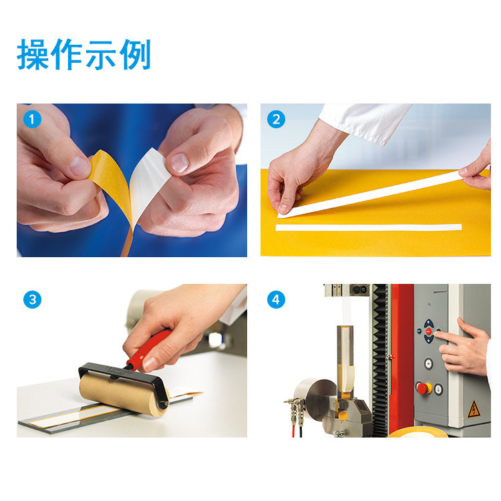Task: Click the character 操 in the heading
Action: point(33,54)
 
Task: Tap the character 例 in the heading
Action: point(135,54)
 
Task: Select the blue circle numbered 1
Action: point(32,119)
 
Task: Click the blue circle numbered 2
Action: point(276,119)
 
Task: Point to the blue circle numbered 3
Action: point(32,300)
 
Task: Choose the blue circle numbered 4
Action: point(276,300)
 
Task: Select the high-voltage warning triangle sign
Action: point(474,410)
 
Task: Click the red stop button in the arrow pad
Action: point(428,331)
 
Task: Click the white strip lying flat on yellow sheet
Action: point(368,227)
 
